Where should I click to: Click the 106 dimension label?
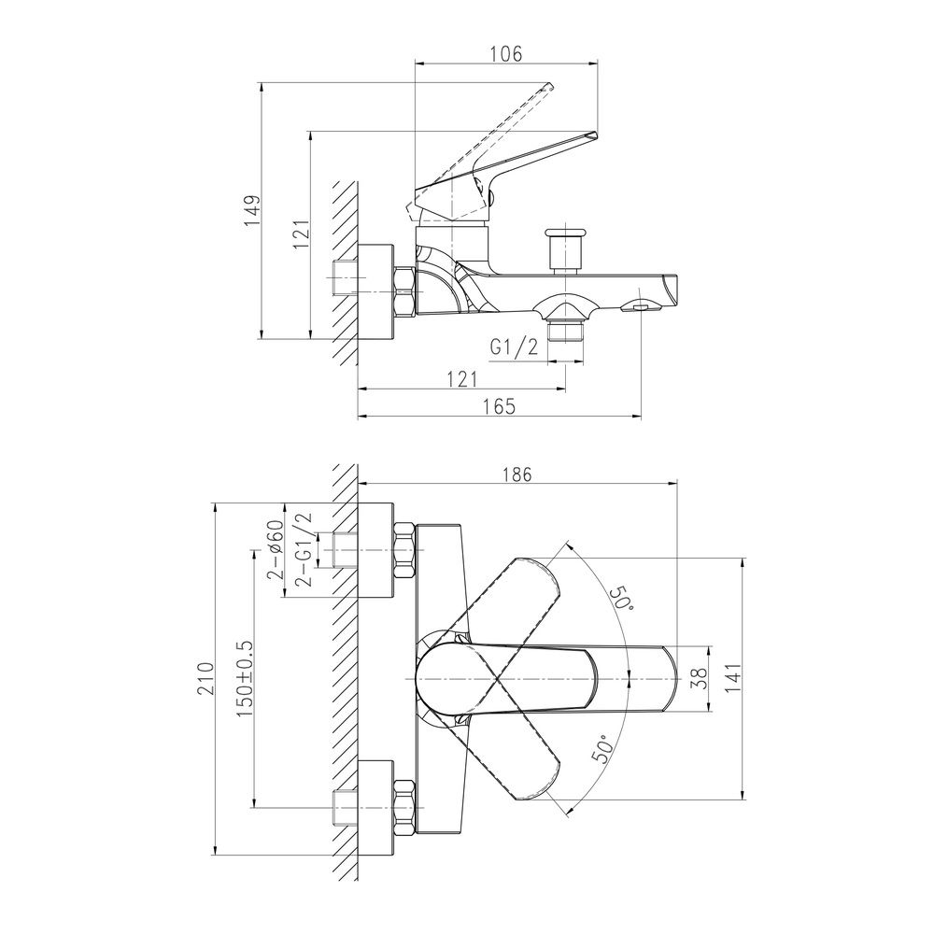click(x=505, y=53)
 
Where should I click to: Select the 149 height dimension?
click(x=253, y=210)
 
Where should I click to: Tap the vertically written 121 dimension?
click(x=302, y=234)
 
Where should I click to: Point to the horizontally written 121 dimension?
click(x=461, y=379)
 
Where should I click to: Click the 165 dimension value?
click(x=499, y=406)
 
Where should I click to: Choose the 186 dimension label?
click(x=517, y=474)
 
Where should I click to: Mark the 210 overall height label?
click(x=205, y=678)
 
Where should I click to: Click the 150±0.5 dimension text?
click(x=246, y=678)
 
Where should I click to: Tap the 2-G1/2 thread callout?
click(x=304, y=549)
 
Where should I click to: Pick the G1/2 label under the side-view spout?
click(x=514, y=347)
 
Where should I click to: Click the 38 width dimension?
click(x=701, y=678)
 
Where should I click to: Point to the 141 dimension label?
click(x=733, y=678)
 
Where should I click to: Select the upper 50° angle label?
click(x=622, y=596)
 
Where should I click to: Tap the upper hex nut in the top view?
click(x=404, y=550)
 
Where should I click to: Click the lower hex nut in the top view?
click(x=404, y=807)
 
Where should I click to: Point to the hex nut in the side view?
click(x=404, y=292)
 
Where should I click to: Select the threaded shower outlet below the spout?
click(x=565, y=330)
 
